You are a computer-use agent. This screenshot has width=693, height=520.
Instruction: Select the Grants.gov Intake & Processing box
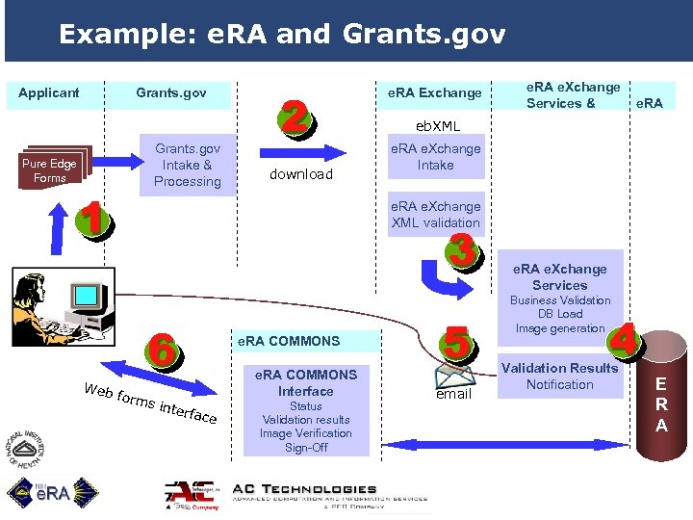click(x=188, y=165)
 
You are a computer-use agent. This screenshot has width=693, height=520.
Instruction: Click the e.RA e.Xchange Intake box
click(x=435, y=157)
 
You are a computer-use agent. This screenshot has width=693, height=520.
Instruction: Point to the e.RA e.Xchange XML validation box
click(x=435, y=215)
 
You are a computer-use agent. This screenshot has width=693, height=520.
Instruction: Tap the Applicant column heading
click(x=49, y=92)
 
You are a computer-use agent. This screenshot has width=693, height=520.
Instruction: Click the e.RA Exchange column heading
click(x=434, y=92)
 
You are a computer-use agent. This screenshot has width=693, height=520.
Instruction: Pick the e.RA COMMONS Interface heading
click(x=306, y=382)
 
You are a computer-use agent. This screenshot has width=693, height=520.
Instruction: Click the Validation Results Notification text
click(x=560, y=376)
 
